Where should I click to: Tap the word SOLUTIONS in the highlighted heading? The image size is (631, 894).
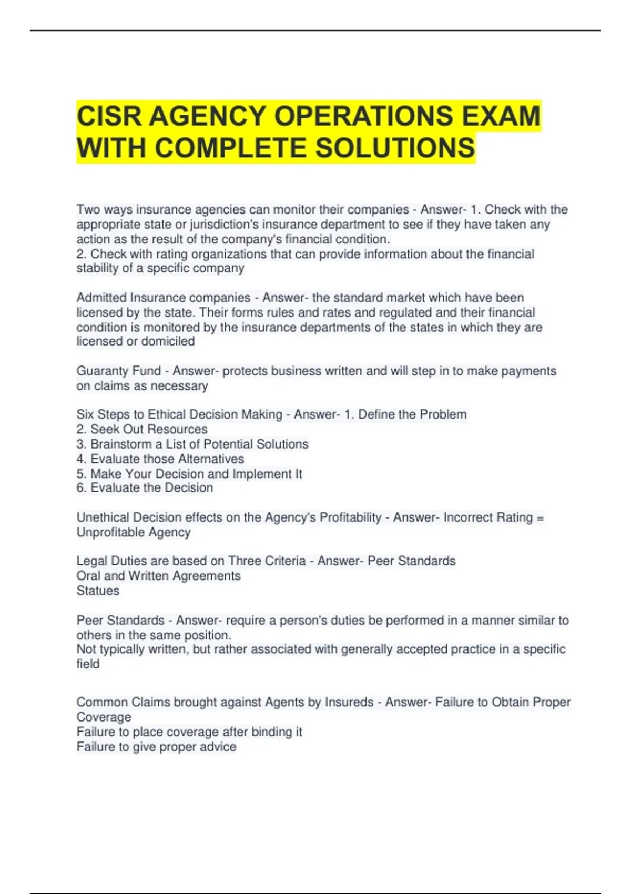click(x=395, y=148)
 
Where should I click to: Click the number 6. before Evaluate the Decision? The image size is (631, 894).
click(x=81, y=488)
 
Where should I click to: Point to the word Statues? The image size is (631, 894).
click(x=98, y=591)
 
